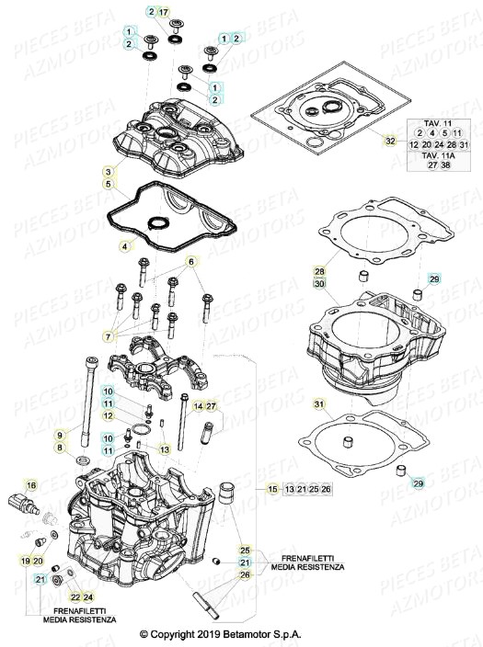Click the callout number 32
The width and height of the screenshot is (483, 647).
point(390,141)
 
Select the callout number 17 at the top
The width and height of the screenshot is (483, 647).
point(165,12)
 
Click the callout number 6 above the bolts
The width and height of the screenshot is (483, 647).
point(192,262)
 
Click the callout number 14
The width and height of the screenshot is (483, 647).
point(198,405)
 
